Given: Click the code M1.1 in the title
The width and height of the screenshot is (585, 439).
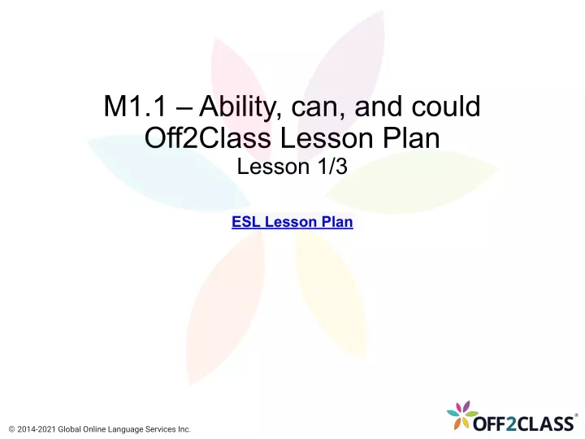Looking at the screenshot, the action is point(135,106).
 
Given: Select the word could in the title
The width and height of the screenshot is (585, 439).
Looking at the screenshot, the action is point(446,106).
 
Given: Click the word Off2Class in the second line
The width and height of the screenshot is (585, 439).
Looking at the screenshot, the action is point(207,137).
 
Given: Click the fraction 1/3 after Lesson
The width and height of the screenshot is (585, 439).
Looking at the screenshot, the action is point(332,167).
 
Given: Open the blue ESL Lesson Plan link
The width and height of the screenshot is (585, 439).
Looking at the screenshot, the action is point(292,222).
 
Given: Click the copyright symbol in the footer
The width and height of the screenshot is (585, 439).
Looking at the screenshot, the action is point(11,429).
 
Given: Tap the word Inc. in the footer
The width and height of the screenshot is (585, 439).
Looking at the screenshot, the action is point(184,429).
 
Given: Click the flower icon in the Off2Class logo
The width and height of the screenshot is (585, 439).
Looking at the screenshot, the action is point(461,415).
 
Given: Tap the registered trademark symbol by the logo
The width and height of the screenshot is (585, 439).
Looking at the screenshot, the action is point(576,415).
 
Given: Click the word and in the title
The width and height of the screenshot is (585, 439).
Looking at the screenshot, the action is point(378,106).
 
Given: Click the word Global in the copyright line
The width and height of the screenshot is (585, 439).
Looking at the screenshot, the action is point(69,429).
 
